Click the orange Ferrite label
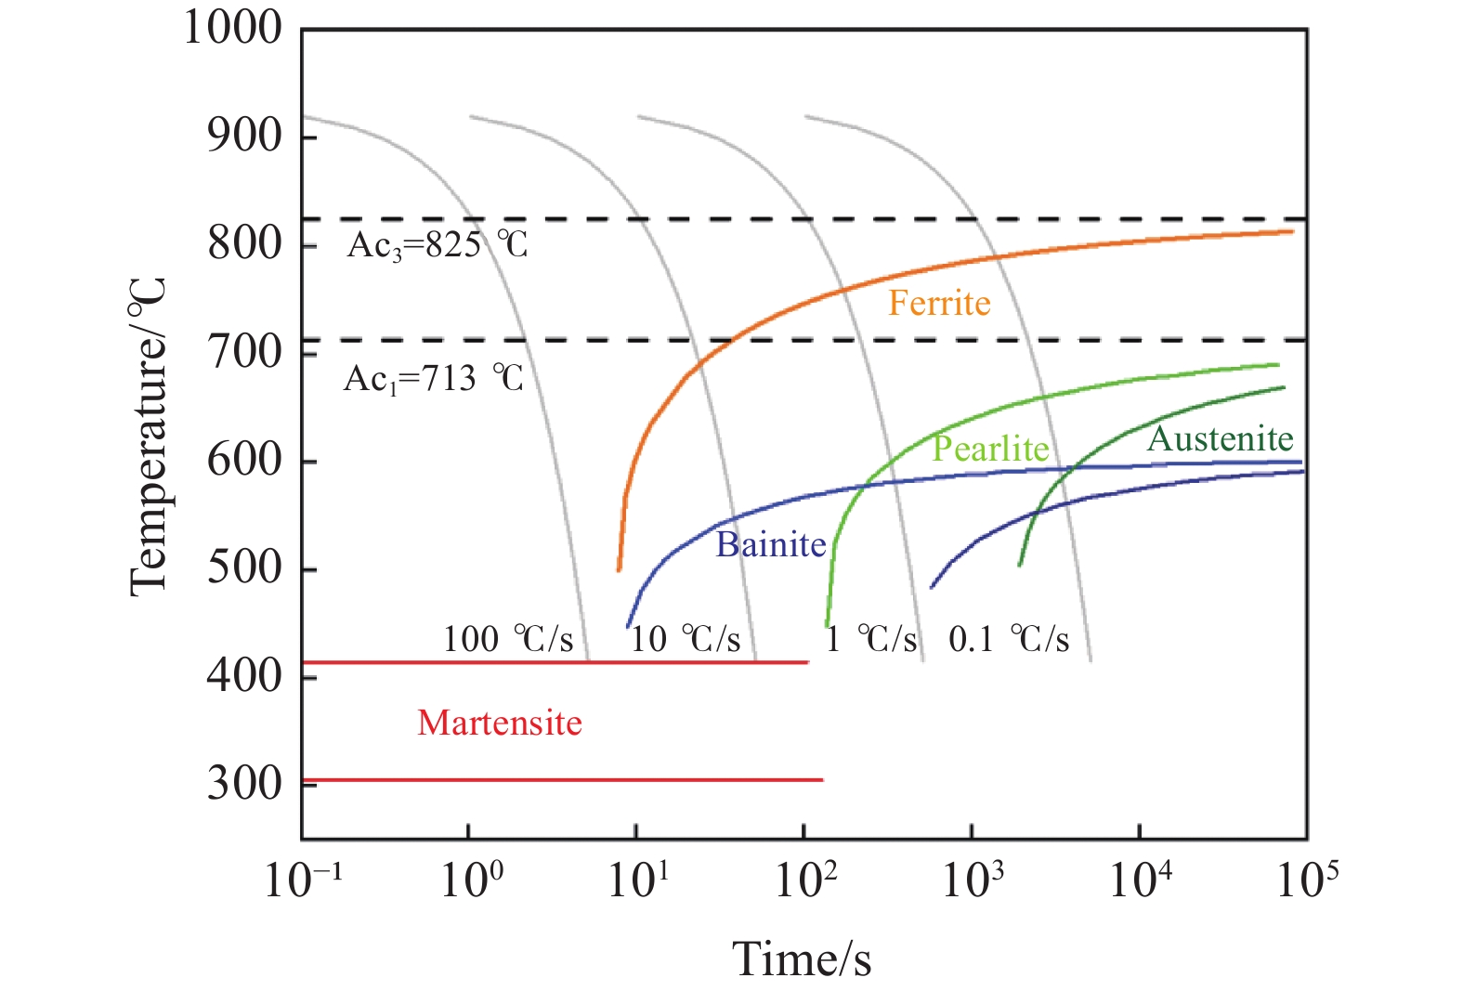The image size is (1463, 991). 939,304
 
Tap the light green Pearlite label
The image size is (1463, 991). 990,449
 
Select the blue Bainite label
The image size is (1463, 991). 770,544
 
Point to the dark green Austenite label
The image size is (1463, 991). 1220,438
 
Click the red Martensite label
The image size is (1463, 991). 500,723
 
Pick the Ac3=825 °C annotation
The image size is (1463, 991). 438,245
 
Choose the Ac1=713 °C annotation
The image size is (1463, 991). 434,379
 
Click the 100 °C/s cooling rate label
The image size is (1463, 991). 508,639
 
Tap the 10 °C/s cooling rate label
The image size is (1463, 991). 686,639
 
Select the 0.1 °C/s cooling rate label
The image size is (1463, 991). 1009,639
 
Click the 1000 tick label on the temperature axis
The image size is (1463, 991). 232,28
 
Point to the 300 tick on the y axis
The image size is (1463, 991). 244,783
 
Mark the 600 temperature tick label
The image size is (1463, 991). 244,459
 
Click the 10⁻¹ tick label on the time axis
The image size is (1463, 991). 303,879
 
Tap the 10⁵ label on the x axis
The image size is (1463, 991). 1307,879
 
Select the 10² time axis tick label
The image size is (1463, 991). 805,879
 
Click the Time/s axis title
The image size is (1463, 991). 802,958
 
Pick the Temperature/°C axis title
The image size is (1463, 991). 149,437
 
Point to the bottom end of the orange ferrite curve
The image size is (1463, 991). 619,569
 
